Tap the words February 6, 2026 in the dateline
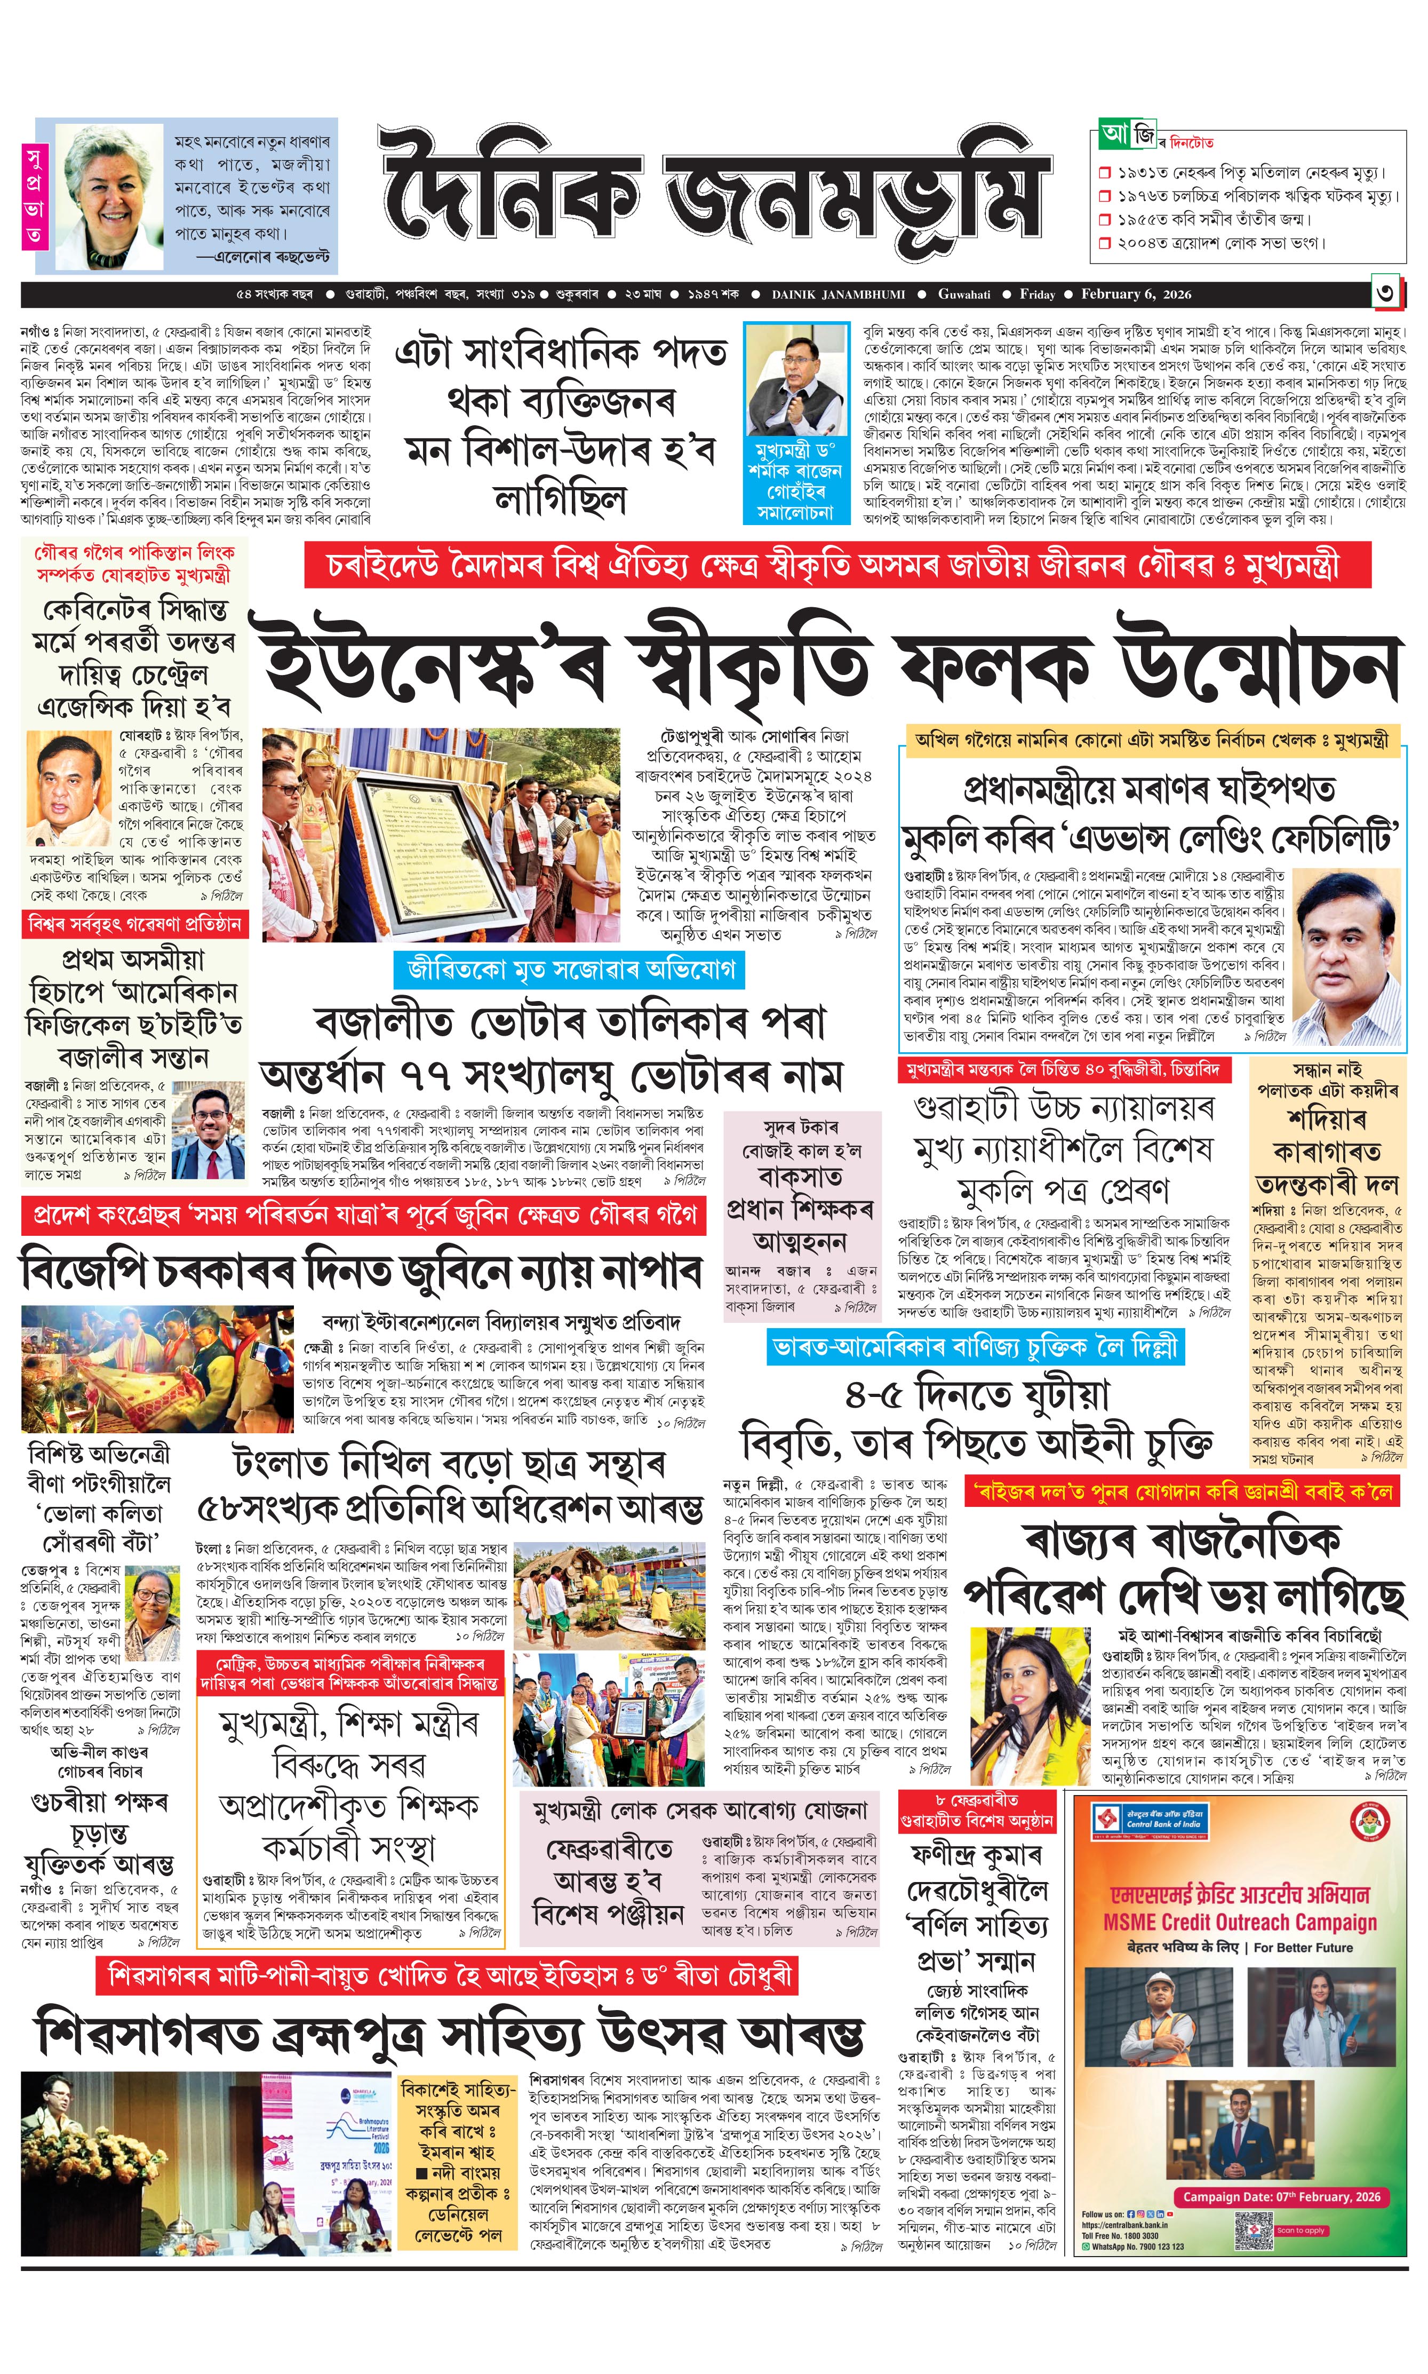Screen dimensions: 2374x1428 pos(1136,295)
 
